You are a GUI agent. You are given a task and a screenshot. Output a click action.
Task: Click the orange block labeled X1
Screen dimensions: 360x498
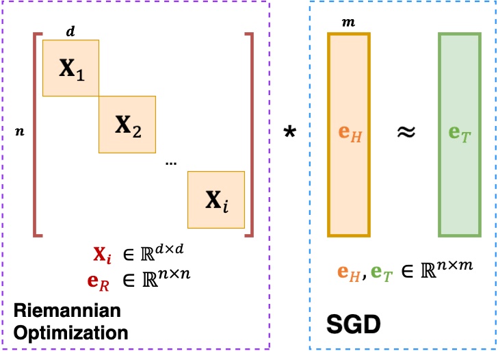click(x=71, y=68)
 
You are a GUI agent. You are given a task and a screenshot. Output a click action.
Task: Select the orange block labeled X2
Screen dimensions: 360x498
click(x=127, y=125)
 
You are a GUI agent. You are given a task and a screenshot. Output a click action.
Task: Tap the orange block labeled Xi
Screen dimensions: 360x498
click(x=216, y=199)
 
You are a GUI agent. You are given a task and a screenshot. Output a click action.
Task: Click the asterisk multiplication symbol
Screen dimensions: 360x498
click(x=289, y=133)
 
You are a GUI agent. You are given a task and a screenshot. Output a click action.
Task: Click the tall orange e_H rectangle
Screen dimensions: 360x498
click(x=349, y=133)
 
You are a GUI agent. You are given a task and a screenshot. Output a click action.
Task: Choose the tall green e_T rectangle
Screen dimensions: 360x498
click(x=460, y=133)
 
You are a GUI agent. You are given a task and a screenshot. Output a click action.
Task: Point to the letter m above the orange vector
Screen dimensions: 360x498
click(x=348, y=23)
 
